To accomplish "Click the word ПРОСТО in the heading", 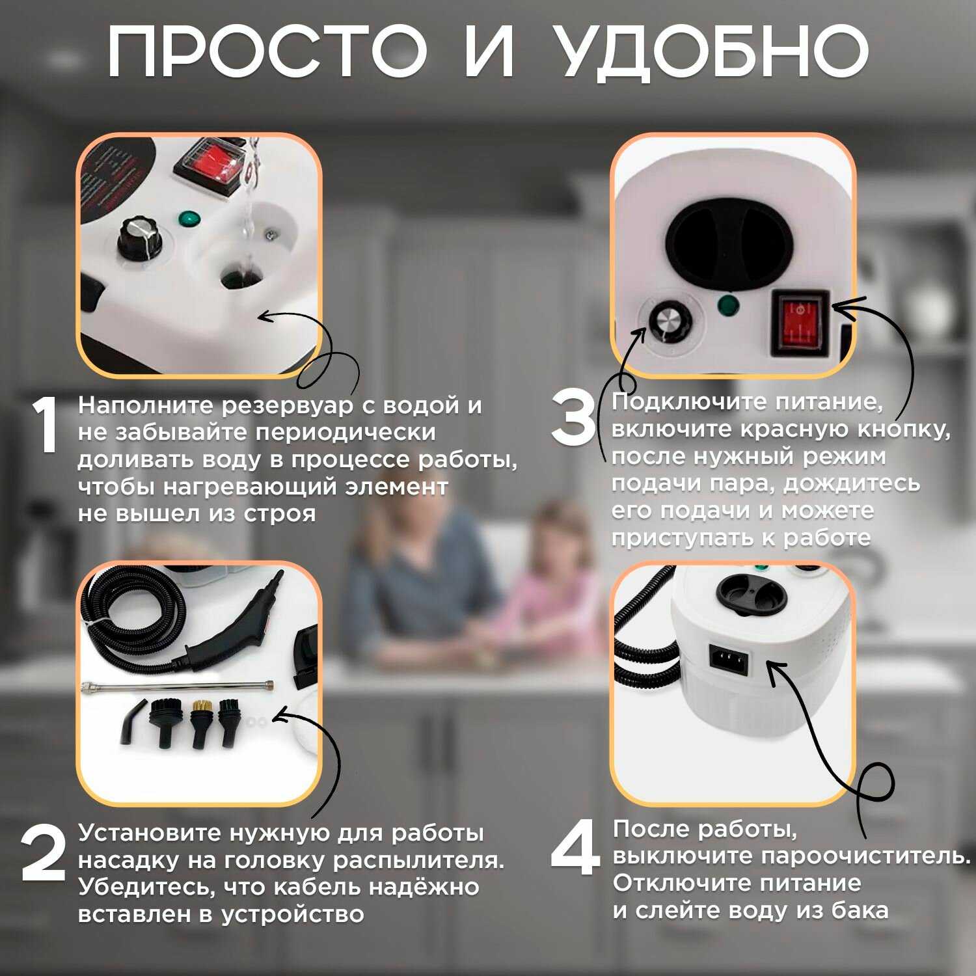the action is pyautogui.click(x=266, y=51).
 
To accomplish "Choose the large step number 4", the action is pyautogui.click(x=576, y=848).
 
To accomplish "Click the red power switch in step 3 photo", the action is pyautogui.click(x=800, y=323).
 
